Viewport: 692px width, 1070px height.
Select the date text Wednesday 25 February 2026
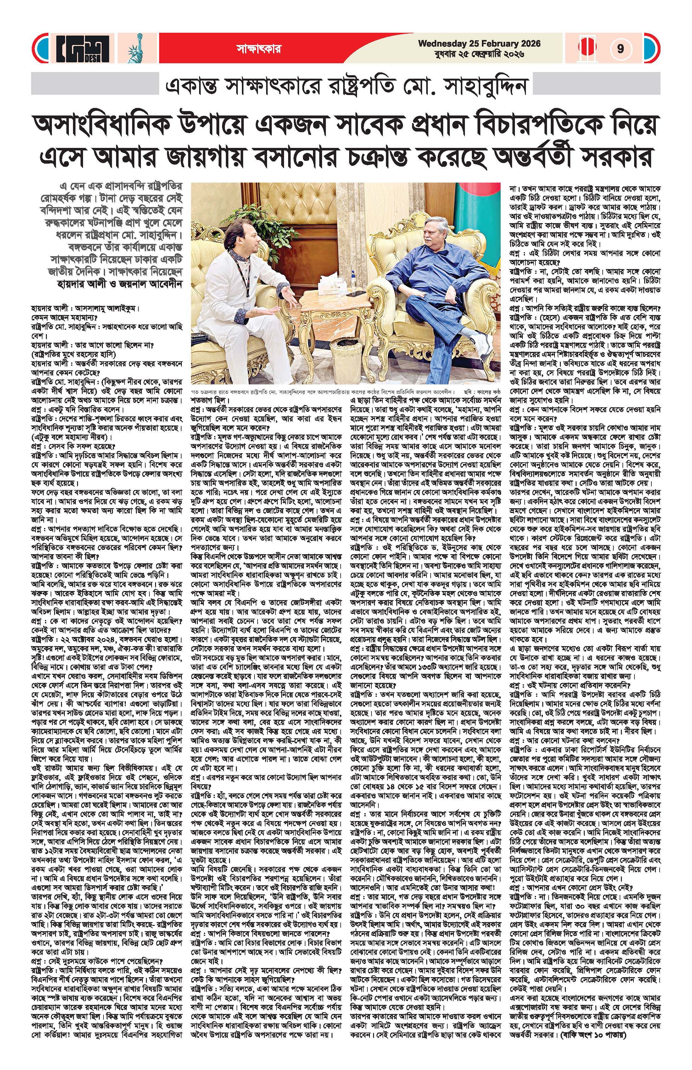pos(479,44)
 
